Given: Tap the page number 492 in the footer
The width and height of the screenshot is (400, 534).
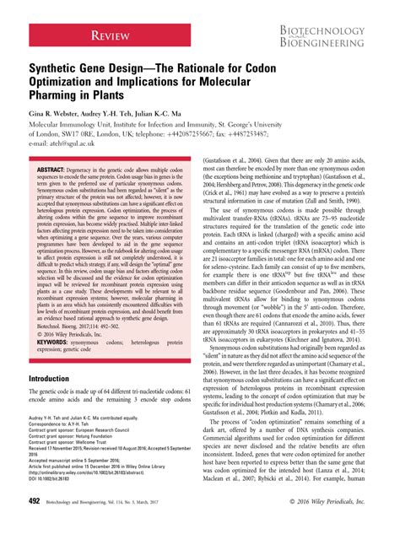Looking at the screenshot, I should point(35,523).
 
